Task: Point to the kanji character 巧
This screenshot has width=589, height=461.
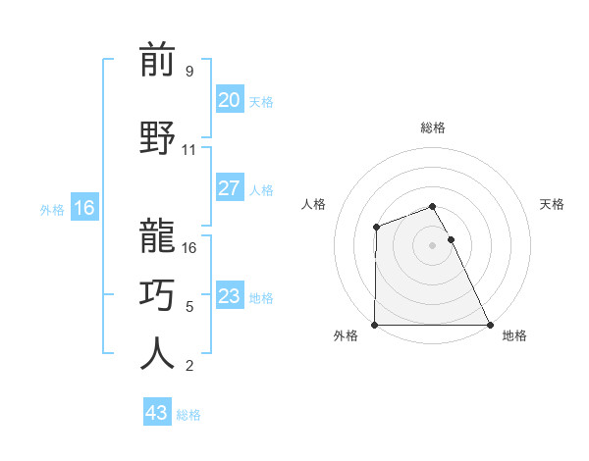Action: (157, 293)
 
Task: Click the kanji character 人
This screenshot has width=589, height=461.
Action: (157, 353)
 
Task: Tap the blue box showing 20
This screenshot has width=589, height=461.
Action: (229, 100)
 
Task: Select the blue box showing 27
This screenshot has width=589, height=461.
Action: (229, 188)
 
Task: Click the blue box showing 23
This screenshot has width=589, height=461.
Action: (229, 296)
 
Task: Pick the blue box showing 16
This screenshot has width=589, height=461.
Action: (83, 208)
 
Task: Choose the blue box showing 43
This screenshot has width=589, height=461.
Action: (156, 413)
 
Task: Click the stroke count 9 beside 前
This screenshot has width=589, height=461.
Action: (189, 72)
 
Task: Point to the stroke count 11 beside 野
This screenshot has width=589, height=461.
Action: (189, 150)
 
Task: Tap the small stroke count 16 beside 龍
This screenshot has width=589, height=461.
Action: (189, 248)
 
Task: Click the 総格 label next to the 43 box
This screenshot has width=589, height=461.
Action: (188, 415)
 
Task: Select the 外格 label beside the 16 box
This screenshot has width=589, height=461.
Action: (52, 209)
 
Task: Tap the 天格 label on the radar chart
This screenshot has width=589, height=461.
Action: (553, 204)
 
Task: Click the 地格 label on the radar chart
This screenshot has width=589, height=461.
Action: (514, 335)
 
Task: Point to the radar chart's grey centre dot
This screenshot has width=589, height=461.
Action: (432, 245)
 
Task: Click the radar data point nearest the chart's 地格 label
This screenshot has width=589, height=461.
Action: (489, 325)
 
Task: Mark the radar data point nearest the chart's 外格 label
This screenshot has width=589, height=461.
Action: (375, 325)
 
